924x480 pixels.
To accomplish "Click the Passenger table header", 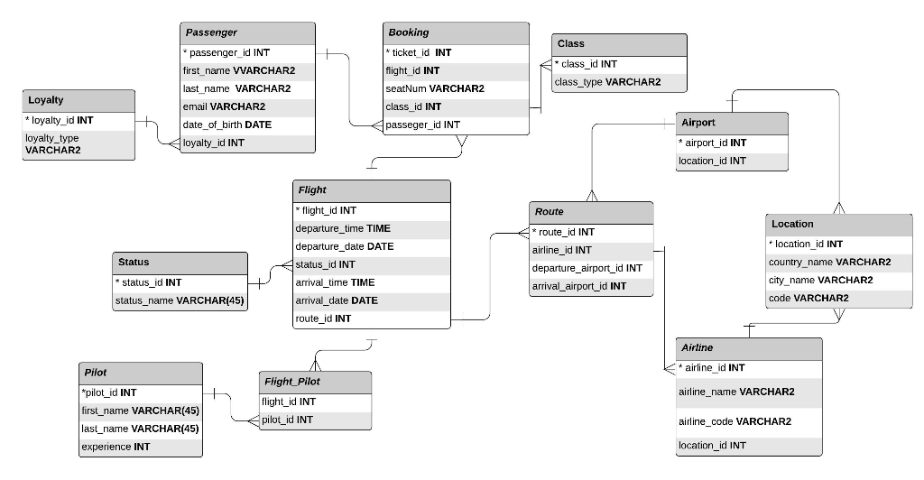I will point(247,33).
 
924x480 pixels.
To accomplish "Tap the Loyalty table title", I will point(79,100).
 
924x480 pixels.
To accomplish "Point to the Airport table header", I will point(732,123).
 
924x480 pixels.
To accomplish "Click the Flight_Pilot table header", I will point(314,382).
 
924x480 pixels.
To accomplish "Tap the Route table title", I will point(590,212).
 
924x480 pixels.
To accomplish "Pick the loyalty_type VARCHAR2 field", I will point(79,144).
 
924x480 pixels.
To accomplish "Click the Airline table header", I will point(748,348).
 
